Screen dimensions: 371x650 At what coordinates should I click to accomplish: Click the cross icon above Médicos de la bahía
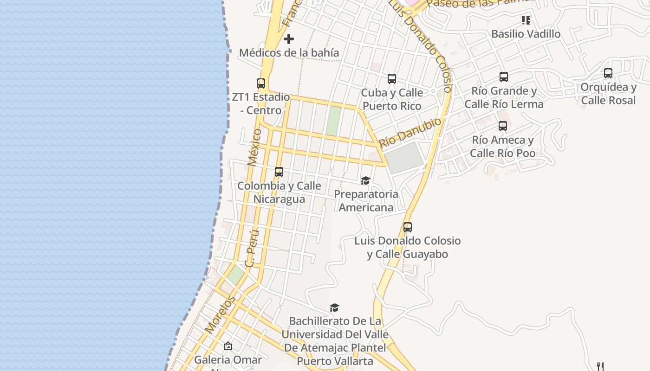point(288,39)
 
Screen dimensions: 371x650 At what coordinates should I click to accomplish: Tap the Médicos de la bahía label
point(289,53)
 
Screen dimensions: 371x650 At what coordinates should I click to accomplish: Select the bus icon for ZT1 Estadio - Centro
point(261,83)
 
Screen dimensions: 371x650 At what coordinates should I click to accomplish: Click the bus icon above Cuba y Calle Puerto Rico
point(392,79)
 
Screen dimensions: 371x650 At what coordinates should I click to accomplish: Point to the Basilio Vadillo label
point(526,34)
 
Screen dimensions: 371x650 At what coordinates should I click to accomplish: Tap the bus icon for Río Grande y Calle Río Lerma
point(504,77)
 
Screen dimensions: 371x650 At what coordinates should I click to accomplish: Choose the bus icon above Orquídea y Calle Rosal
point(608,73)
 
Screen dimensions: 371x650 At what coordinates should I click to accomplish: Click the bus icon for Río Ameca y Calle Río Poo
point(502,126)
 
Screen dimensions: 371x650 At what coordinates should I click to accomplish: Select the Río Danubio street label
point(410,132)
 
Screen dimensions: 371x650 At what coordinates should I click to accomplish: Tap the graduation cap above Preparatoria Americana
point(366,180)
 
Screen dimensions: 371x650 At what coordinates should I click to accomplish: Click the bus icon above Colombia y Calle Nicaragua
point(279,172)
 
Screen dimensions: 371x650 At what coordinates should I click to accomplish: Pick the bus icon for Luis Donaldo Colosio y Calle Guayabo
point(408,227)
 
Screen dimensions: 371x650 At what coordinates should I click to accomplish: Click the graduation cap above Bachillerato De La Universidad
point(335,307)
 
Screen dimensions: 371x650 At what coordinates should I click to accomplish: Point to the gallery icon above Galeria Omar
point(228,346)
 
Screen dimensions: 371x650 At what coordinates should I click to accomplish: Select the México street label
point(254,147)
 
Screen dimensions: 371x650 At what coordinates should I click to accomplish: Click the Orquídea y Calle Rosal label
point(608,94)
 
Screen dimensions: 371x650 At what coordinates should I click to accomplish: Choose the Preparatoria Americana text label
point(366,200)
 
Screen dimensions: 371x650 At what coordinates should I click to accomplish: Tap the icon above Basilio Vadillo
point(526,20)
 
